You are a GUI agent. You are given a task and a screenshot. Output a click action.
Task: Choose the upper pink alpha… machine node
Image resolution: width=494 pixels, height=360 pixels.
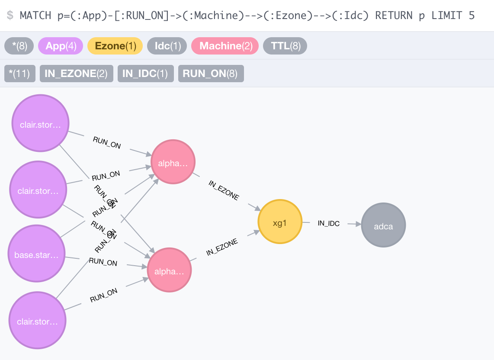[173, 162]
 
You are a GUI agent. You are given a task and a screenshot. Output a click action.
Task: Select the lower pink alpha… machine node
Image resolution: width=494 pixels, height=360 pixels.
[169, 270]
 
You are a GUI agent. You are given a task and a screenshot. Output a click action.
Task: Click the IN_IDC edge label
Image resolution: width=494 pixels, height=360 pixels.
[329, 224]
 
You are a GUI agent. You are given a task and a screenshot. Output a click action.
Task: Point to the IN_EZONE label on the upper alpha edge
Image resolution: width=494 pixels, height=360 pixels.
[224, 190]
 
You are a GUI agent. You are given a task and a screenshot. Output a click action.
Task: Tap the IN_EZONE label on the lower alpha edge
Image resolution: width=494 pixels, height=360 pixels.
[222, 247]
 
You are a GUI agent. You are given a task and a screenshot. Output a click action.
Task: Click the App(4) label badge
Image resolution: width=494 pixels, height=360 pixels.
[61, 46]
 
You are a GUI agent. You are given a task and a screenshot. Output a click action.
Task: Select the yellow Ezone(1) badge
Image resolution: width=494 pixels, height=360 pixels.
[115, 46]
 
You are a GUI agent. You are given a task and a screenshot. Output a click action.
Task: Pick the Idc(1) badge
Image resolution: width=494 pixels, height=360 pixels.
[167, 46]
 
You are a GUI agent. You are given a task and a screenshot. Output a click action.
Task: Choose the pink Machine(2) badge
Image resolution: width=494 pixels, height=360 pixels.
[225, 46]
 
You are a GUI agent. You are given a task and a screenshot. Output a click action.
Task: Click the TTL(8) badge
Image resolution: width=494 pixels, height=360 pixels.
[285, 46]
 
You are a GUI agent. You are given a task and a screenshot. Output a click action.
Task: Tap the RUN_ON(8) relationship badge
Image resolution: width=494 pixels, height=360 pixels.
[211, 74]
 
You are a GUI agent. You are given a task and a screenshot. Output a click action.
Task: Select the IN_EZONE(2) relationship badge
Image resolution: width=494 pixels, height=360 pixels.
[76, 74]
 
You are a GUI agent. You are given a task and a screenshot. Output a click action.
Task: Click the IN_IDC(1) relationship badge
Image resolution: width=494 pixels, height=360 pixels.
[145, 74]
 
